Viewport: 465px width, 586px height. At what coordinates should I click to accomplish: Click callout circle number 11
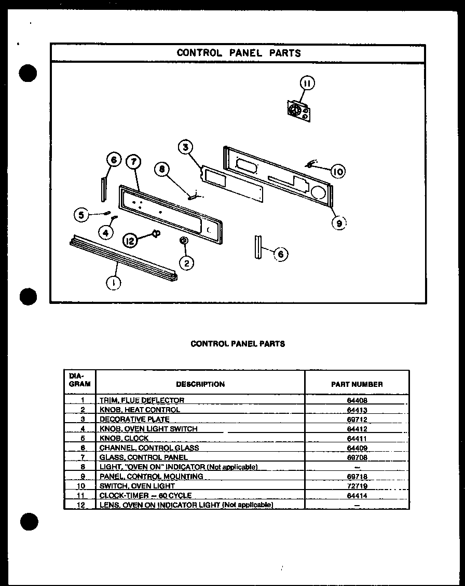pos(307,83)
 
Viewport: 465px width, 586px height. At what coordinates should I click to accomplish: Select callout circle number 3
pos(185,147)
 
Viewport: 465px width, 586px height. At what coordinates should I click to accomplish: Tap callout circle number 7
pos(133,162)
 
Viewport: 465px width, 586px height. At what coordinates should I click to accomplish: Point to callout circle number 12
pos(131,240)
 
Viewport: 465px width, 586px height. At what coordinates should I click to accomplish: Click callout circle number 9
pos(339,222)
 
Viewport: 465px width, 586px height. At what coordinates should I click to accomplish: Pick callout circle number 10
pos(337,171)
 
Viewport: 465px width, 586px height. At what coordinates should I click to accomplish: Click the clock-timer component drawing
pos(299,111)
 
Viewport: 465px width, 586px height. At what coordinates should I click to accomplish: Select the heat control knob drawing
pos(184,241)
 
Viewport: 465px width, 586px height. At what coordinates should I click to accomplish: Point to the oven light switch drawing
pos(310,165)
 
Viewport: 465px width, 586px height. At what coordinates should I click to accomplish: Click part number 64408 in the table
pos(357,400)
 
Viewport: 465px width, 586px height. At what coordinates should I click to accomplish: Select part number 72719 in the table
pos(357,486)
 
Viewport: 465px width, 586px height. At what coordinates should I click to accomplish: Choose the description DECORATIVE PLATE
pos(134,419)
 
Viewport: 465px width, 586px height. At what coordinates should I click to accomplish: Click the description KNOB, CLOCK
pos(124,438)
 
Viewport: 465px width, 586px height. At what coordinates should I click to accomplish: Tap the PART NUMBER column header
pos(357,384)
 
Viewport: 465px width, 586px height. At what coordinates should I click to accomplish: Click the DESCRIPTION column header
pos(200,384)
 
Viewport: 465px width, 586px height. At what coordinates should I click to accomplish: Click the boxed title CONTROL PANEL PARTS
pos(238,53)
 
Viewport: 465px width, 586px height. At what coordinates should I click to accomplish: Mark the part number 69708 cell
pos(357,457)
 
